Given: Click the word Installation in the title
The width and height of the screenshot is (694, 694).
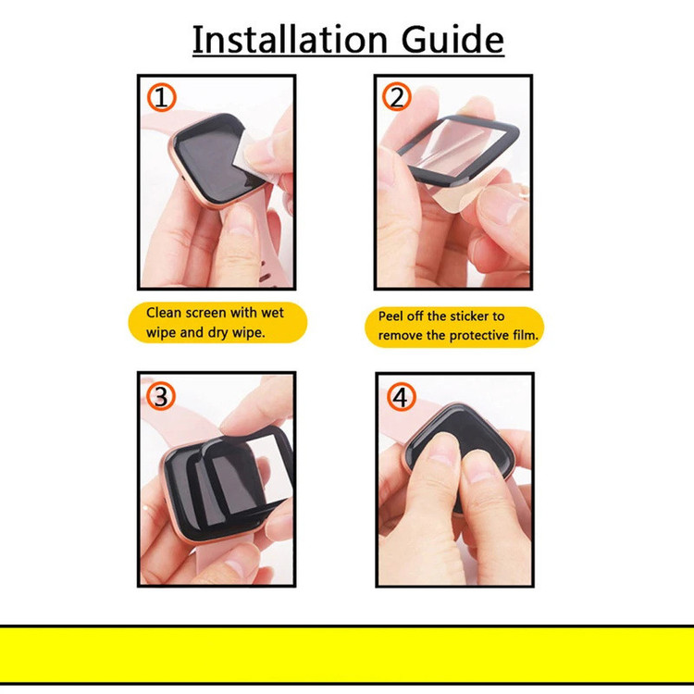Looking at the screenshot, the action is (x=290, y=40).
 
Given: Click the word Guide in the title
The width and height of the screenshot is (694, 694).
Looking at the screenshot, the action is (x=452, y=40).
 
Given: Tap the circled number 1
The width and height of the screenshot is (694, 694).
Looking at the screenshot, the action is (x=162, y=97).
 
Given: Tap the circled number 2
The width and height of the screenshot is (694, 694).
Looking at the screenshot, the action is (x=397, y=96).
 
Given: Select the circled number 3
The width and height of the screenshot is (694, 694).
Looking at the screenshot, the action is (x=161, y=396).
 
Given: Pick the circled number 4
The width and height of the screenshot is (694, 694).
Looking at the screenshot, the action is (x=401, y=397).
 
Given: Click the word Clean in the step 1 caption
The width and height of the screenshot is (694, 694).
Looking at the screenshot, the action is (x=164, y=313).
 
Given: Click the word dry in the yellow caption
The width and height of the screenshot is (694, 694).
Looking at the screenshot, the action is (x=217, y=333).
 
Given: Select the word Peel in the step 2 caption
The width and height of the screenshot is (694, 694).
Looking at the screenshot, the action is (x=390, y=316).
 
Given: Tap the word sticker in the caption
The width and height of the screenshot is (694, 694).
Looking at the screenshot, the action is (x=468, y=316).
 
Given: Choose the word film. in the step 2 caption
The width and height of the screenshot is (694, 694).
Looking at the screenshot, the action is (x=526, y=335).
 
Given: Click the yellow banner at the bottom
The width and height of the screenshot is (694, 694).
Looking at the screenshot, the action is (x=347, y=655).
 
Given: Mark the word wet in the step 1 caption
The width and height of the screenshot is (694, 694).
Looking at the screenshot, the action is (x=272, y=313).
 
